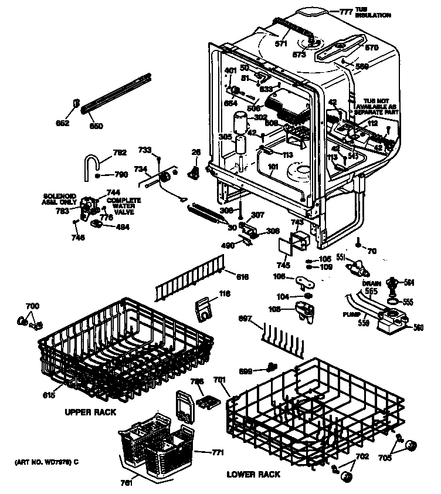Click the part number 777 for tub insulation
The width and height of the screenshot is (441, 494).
(347, 11)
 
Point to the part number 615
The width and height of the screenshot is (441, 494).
(49, 396)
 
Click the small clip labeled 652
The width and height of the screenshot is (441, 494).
(76, 104)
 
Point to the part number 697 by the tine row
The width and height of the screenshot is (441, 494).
(246, 319)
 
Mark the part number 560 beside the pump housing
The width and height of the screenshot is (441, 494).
(418, 327)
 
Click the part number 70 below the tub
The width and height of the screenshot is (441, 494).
(372, 252)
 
